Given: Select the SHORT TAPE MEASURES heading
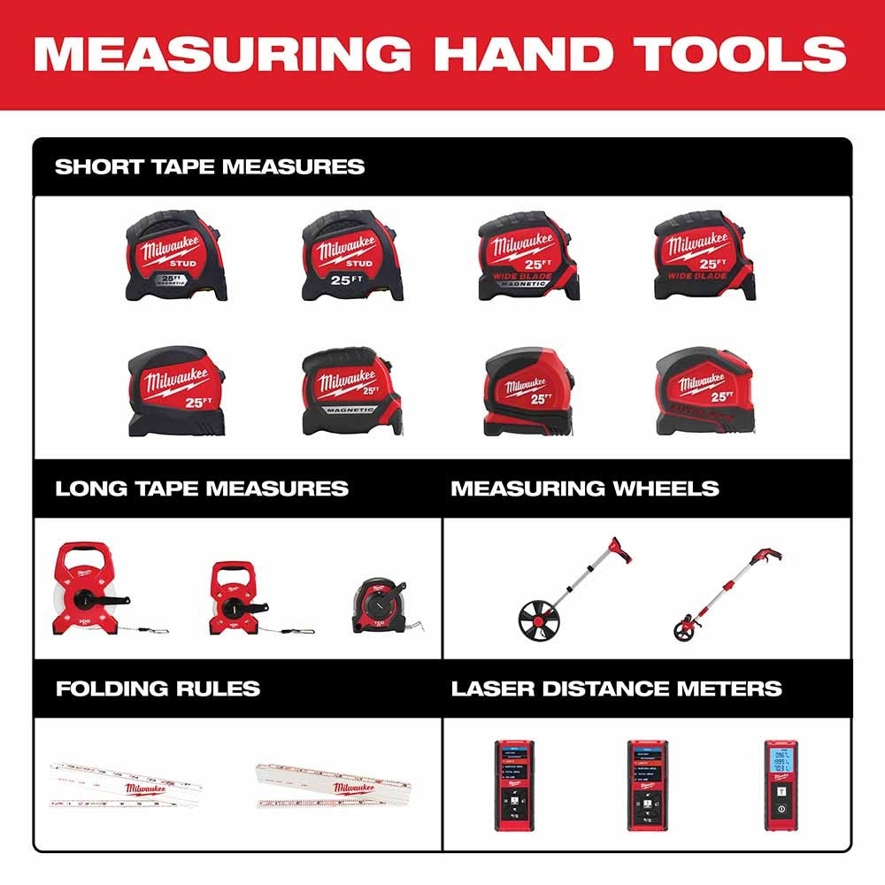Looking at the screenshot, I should point(210,166).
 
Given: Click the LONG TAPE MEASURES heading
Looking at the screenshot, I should point(202,489).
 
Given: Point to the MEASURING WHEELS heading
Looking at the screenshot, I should point(585,489).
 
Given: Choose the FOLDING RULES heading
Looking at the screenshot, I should point(158,689).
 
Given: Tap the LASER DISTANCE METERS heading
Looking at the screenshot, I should point(617,689).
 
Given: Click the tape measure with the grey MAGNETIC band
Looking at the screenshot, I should point(351,390).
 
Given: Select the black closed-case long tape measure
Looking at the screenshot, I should point(381,606).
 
